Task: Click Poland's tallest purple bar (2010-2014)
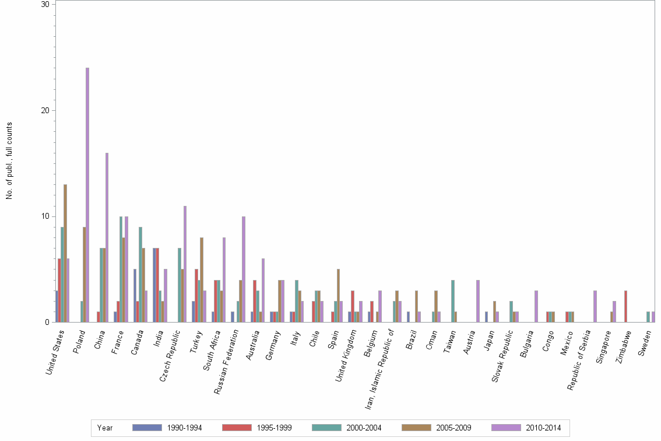[x=87, y=195]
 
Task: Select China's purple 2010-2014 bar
[x=107, y=237]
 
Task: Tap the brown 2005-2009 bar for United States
[x=65, y=253]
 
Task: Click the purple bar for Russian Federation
[x=244, y=269]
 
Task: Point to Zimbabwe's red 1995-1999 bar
[x=625, y=306]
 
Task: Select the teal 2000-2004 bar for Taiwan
[x=453, y=301]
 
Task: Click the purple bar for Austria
[x=478, y=301]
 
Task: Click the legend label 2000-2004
[x=364, y=428]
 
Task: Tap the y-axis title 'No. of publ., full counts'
[x=9, y=160]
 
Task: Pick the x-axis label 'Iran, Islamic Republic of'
[x=382, y=358]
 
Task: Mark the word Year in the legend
[x=106, y=428]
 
